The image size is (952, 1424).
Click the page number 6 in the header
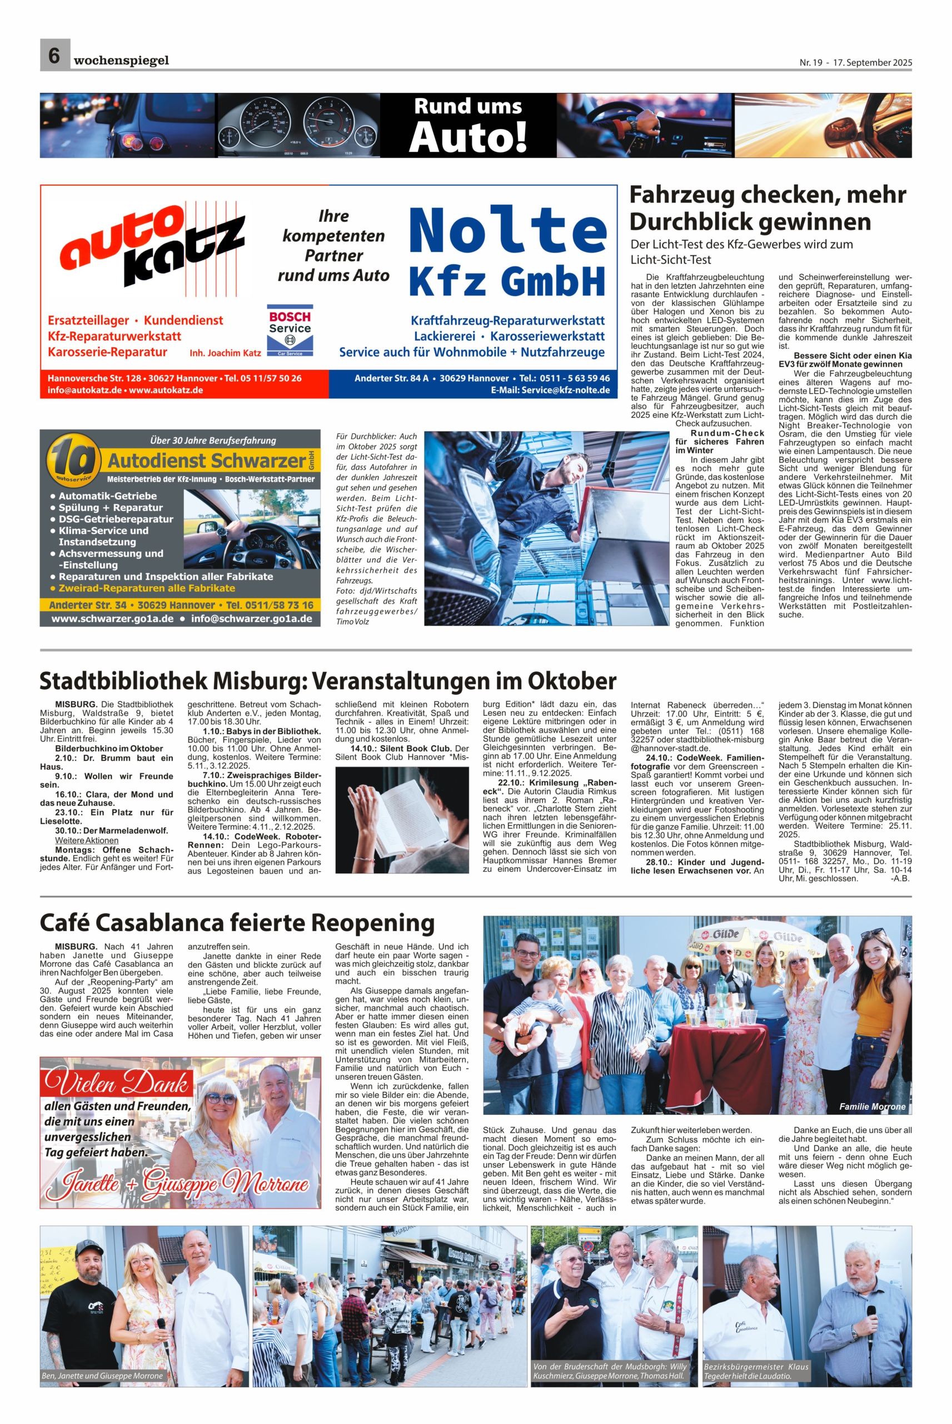[54, 55]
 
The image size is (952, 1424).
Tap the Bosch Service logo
[290, 329]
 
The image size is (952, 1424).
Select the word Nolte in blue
[507, 233]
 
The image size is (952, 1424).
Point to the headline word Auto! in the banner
[467, 137]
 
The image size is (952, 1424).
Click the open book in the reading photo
[402, 813]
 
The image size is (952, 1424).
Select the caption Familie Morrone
[872, 1106]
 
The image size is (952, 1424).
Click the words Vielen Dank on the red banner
[116, 1084]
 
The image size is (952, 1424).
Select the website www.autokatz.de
[166, 390]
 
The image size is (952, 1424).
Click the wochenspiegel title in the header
[121, 60]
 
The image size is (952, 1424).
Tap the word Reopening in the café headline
[373, 923]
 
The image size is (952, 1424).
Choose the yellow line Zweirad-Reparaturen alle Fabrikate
[143, 588]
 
